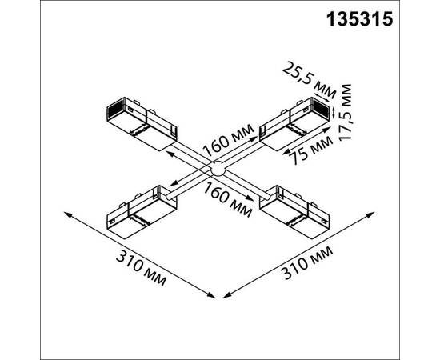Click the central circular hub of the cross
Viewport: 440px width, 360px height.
point(216,170)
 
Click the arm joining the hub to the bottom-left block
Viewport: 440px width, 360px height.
point(184,185)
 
